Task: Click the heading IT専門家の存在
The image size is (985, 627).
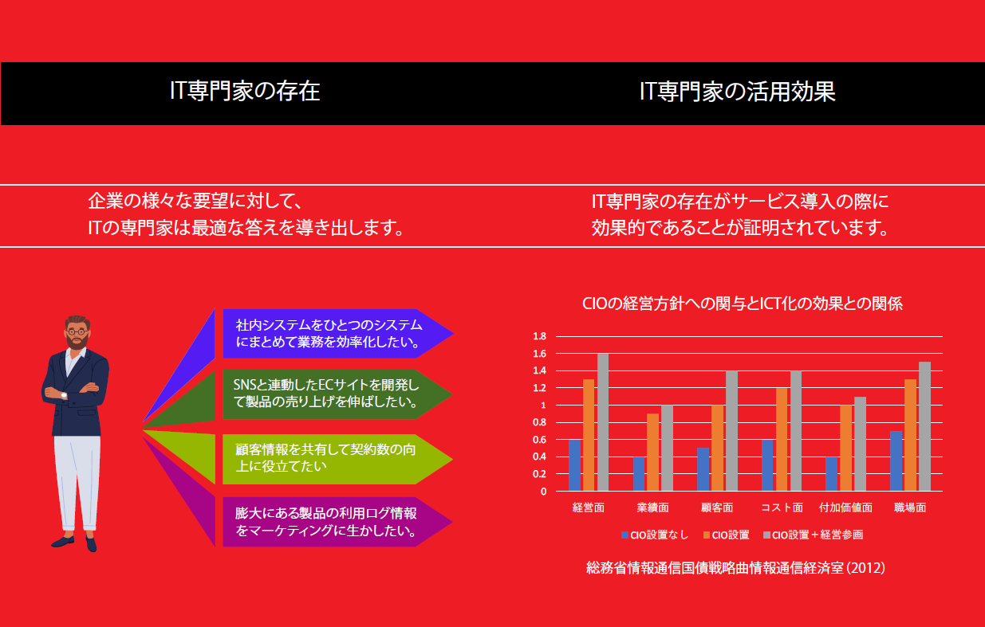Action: point(245,91)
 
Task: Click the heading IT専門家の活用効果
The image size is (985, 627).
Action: point(738,92)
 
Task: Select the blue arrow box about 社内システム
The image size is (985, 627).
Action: point(337,334)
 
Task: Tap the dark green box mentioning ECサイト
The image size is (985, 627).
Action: point(337,394)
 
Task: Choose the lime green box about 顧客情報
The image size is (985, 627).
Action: point(337,459)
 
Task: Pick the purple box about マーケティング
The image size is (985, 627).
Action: point(337,522)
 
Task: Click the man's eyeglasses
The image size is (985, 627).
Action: point(77,331)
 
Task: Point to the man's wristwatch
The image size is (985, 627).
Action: point(64,395)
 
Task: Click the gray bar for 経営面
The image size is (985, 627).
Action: point(603,422)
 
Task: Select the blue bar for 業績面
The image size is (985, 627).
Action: point(639,474)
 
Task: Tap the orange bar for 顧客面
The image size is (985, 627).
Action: point(717,448)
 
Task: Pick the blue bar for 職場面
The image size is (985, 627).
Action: point(896,461)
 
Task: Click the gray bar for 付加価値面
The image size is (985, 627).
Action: point(860,444)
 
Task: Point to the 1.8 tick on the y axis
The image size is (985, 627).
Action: point(539,336)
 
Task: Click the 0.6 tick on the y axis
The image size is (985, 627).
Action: point(539,440)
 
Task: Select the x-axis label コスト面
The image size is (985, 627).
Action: point(782,508)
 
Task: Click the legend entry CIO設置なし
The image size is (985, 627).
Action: point(655,535)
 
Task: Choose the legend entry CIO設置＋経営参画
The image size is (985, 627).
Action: point(813,535)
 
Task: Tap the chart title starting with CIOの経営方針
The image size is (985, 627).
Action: point(743,304)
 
